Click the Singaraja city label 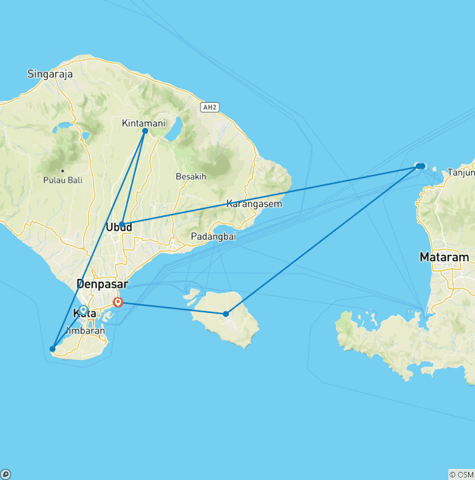pyautogui.click(x=50, y=74)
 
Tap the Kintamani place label pyautogui.click(x=143, y=123)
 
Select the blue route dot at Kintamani pyautogui.click(x=145, y=131)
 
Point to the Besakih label pyautogui.click(x=190, y=176)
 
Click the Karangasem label pyautogui.click(x=254, y=204)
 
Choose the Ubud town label pyautogui.click(x=119, y=228)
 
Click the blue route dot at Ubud pyautogui.click(x=122, y=225)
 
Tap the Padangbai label pyautogui.click(x=213, y=237)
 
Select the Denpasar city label pyautogui.click(x=102, y=285)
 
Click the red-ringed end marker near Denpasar pyautogui.click(x=118, y=302)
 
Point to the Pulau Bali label pyautogui.click(x=62, y=180)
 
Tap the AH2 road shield pyautogui.click(x=210, y=108)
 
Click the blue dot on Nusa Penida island pyautogui.click(x=226, y=314)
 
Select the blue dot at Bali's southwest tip pyautogui.click(x=53, y=349)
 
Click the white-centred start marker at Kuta pyautogui.click(x=83, y=309)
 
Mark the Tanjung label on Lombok pyautogui.click(x=461, y=172)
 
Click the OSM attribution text pyautogui.click(x=461, y=474)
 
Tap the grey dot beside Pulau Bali pyautogui.click(x=62, y=171)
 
